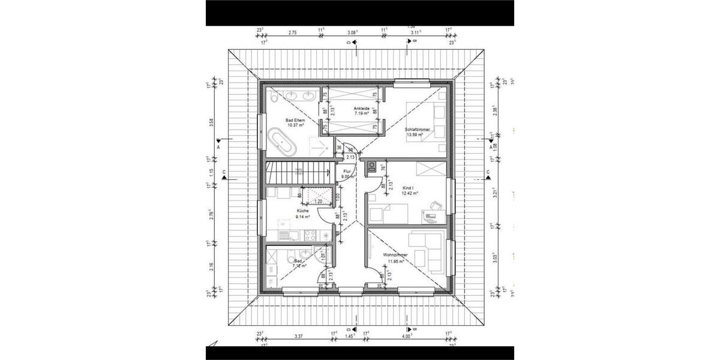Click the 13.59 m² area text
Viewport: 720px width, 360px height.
click(x=415, y=135)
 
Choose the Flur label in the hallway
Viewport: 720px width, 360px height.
click(x=347, y=171)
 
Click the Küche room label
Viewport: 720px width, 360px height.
click(x=303, y=211)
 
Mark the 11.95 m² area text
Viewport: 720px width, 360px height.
click(x=395, y=261)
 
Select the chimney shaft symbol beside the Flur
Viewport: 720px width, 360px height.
click(x=373, y=167)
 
